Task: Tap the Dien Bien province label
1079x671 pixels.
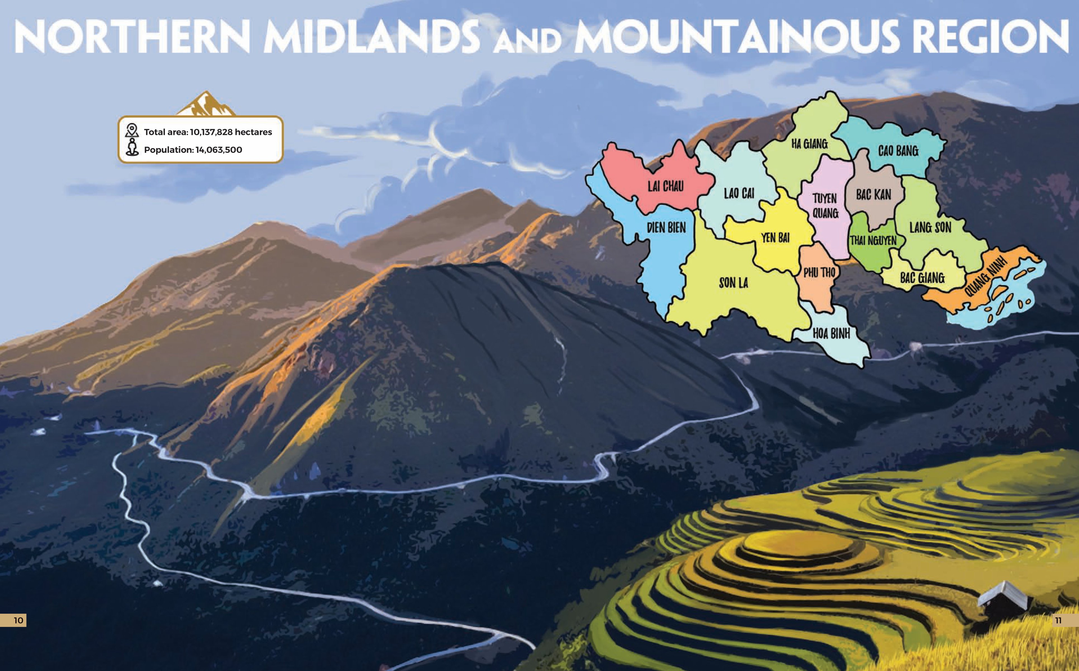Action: [666, 228]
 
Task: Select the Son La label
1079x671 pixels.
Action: [733, 283]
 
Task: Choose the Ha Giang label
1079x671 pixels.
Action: [809, 144]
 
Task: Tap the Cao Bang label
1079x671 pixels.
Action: [898, 151]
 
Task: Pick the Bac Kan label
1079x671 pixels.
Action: [873, 195]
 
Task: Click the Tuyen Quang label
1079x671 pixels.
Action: [825, 206]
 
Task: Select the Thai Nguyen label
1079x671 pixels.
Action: [873, 241]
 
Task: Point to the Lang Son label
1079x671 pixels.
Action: [930, 228]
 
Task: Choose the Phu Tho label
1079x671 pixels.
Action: [819, 272]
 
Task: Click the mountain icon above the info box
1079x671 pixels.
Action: [206, 104]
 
